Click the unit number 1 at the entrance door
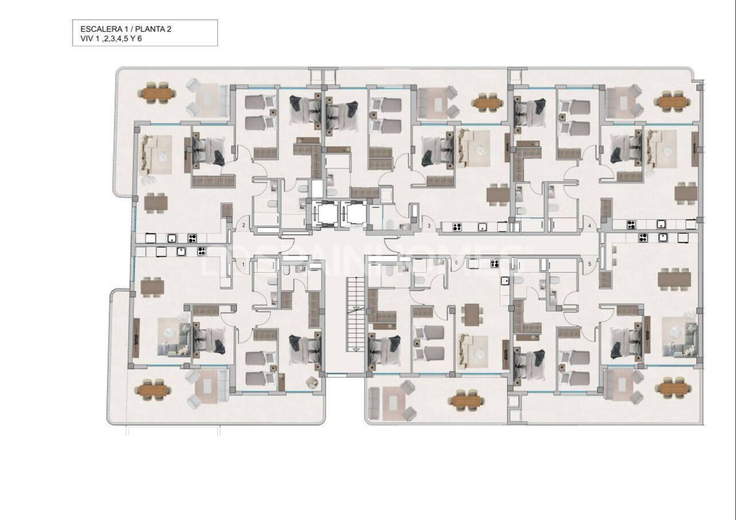244,265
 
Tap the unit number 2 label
244,225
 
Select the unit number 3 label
429,226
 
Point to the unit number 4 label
589,226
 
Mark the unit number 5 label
589,264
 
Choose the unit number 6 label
456,263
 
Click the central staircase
355,313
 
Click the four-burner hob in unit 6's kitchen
494,264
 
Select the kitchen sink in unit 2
171,238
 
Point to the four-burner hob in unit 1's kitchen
201,251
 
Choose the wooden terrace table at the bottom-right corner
673,389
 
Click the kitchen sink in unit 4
662,225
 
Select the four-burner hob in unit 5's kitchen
642,238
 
